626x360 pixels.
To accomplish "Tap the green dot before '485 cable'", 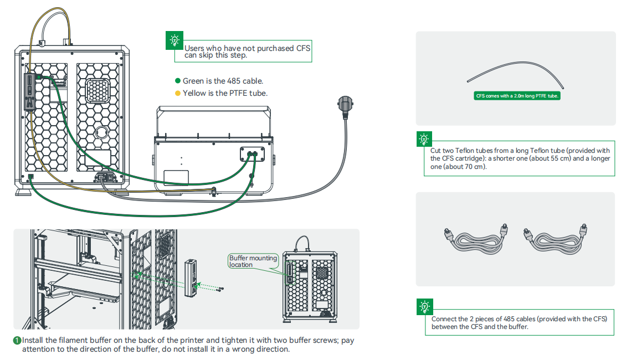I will pos(178,81).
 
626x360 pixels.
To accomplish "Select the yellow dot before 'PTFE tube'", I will pos(178,93).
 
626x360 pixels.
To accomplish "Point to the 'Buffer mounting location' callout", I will pos(253,261).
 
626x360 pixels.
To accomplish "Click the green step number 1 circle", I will pos(18,341).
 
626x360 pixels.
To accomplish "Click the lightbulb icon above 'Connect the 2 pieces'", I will pos(424,306).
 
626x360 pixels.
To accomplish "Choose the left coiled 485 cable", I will pos(468,239).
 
